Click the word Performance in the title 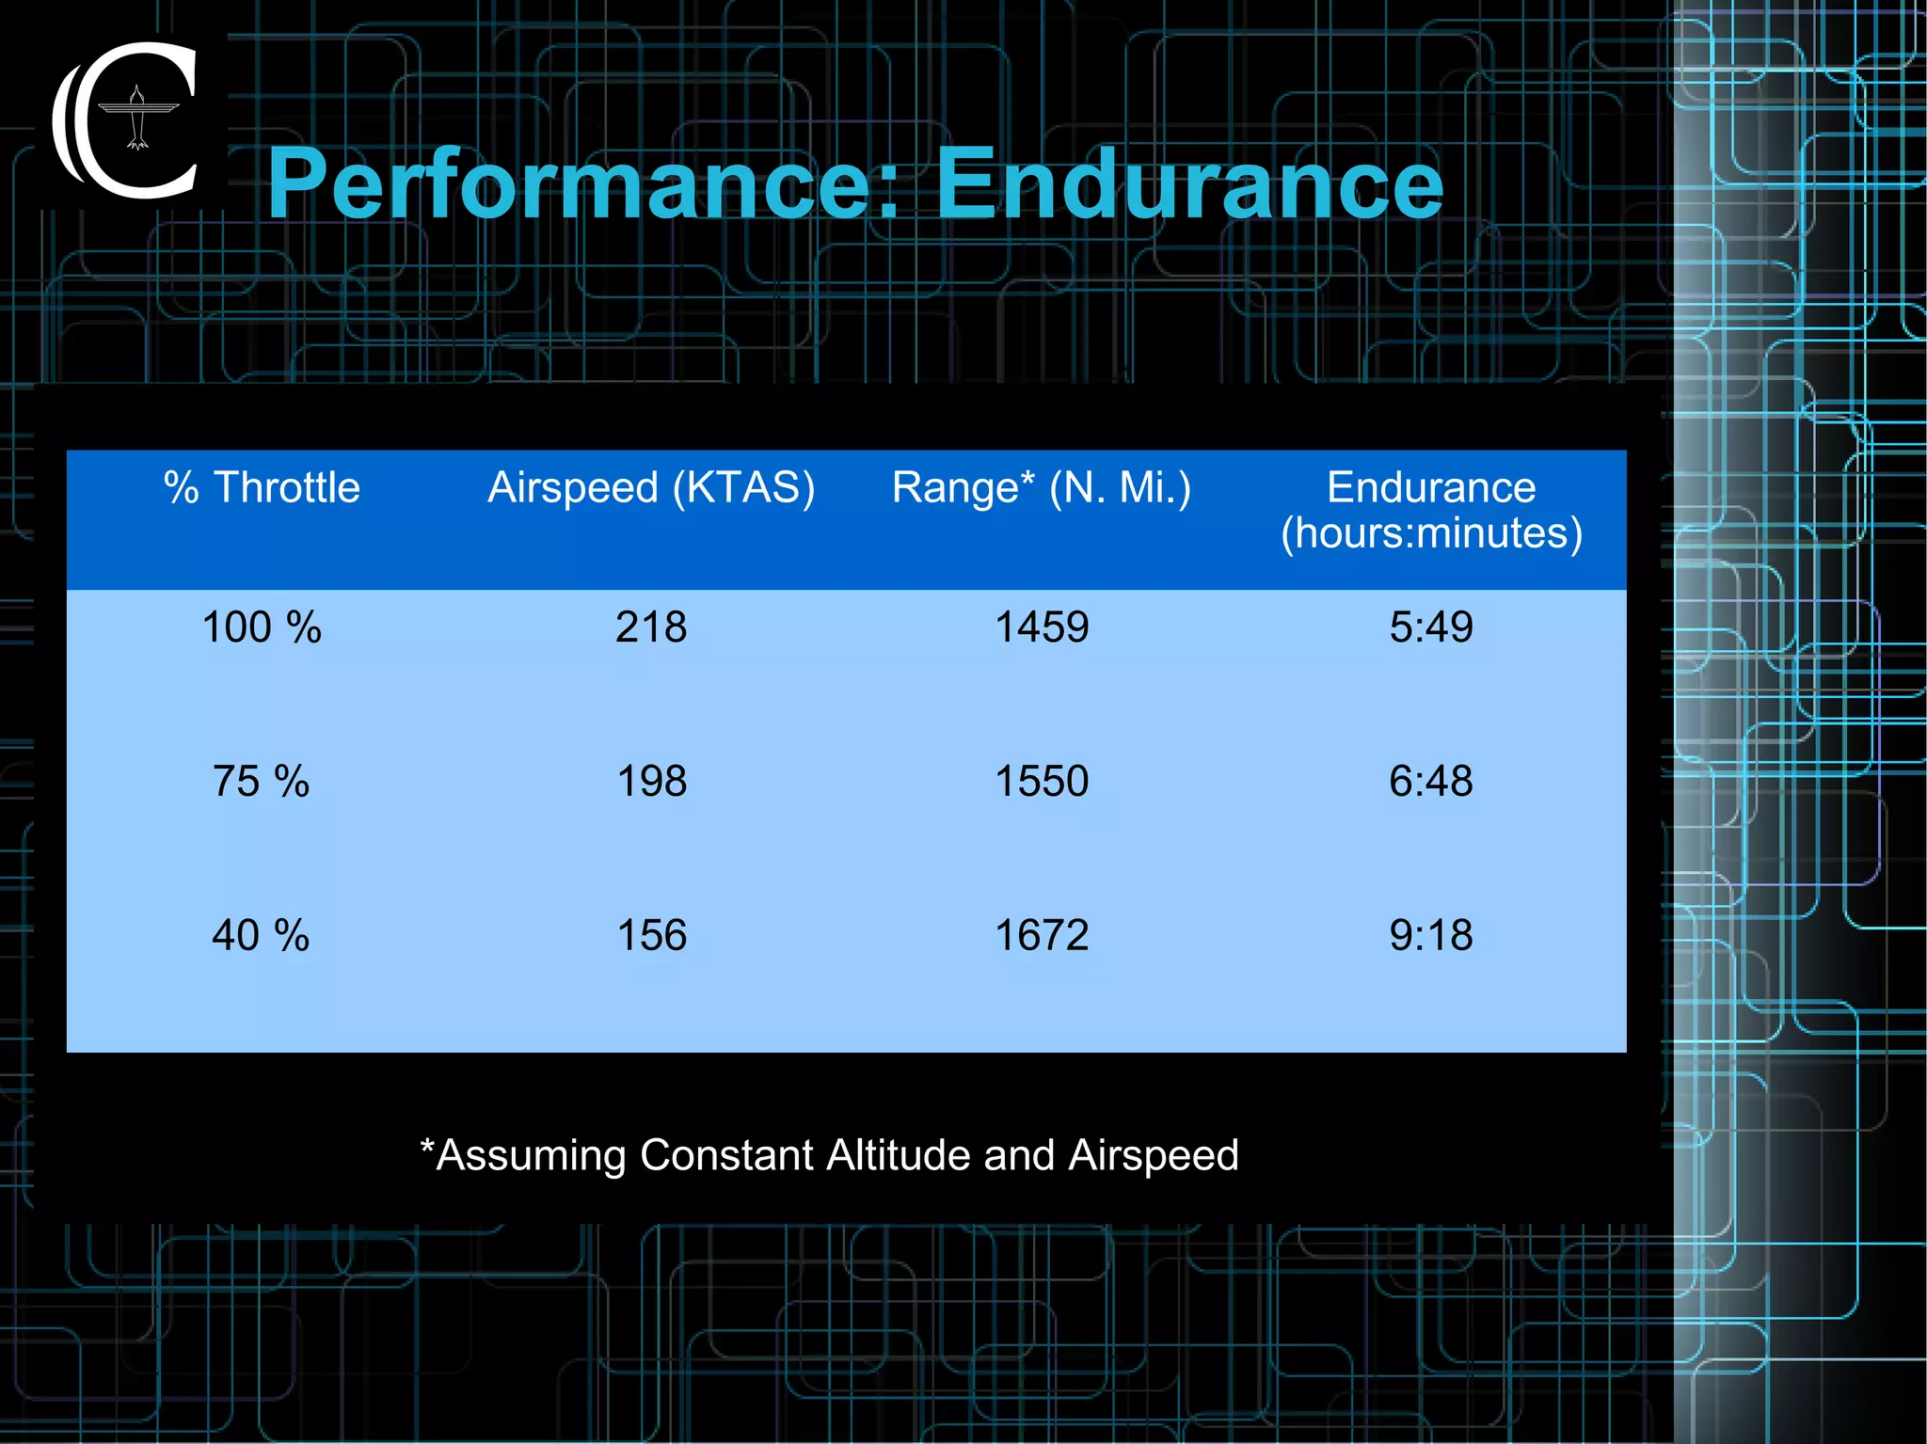[x=583, y=183]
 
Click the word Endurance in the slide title [x=1189, y=183]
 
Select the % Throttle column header [x=262, y=487]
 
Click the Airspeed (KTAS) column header [x=651, y=487]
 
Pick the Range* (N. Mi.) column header [x=1042, y=487]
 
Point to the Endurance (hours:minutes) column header [x=1431, y=510]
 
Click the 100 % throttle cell [x=262, y=627]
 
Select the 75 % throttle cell [x=261, y=781]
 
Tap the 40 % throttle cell [x=261, y=935]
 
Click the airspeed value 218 [x=651, y=627]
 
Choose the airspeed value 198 [x=651, y=781]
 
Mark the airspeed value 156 [x=651, y=935]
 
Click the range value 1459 [x=1042, y=627]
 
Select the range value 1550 [x=1042, y=781]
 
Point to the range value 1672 [x=1042, y=935]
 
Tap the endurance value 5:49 [x=1431, y=627]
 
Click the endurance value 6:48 [x=1431, y=781]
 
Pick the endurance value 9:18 [x=1431, y=935]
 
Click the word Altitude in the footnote [x=898, y=1155]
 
